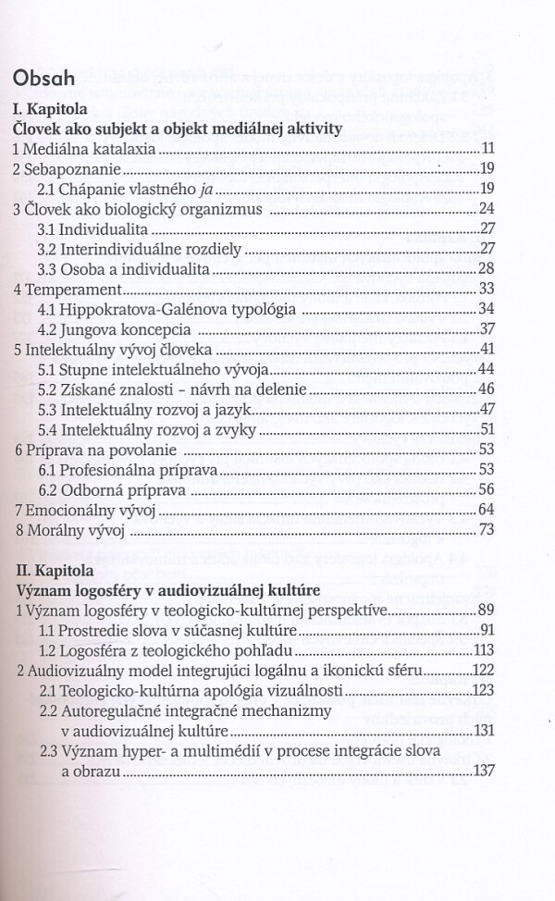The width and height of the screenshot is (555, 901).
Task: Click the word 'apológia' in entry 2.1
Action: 264,691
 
